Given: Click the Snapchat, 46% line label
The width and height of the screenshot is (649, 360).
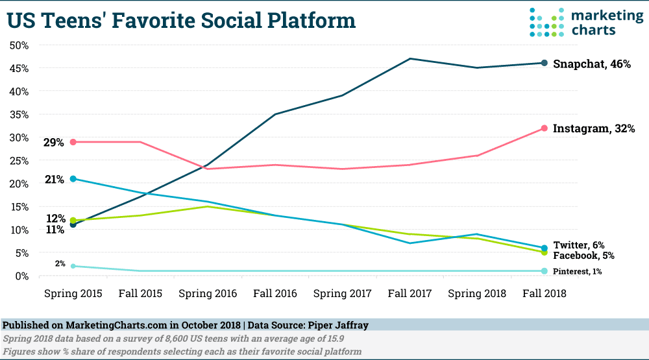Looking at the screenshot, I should click(591, 64).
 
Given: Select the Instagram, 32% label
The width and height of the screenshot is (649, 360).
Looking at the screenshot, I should click(593, 129).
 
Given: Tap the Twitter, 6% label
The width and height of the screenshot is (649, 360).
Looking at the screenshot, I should click(579, 245).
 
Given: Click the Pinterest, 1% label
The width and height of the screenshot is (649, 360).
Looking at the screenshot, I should click(577, 271).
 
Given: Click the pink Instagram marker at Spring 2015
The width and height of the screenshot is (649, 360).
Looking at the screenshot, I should click(73, 141).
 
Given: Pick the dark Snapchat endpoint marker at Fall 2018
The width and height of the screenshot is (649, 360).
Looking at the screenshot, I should click(544, 63).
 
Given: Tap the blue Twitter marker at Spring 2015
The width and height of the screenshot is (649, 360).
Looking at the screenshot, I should click(73, 178).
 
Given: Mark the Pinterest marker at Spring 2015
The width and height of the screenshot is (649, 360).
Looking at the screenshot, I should click(73, 266).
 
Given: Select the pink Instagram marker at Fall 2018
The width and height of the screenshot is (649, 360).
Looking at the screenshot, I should click(544, 128).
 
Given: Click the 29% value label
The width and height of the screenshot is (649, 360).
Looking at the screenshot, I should click(54, 142).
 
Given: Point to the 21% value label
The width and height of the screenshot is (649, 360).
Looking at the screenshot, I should click(54, 180).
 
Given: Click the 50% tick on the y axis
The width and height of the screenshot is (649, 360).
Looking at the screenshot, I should click(19, 45).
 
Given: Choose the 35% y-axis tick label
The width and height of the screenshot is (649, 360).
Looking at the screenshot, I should click(19, 115).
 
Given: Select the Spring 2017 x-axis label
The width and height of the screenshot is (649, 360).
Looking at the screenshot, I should click(343, 294).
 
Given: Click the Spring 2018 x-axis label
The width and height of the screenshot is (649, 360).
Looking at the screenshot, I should click(477, 294).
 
